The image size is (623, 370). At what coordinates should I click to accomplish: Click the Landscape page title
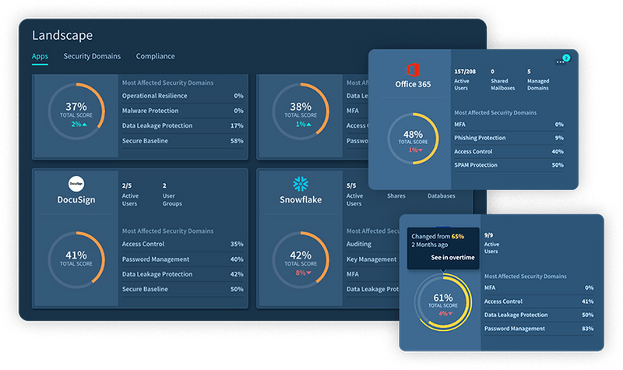click(62, 35)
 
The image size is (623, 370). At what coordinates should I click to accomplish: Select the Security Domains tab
click(92, 56)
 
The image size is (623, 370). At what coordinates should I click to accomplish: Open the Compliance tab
click(155, 56)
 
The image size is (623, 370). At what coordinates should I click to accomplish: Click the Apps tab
click(40, 56)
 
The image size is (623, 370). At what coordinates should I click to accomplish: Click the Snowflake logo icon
click(300, 184)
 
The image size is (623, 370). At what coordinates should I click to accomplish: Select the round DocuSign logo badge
click(76, 184)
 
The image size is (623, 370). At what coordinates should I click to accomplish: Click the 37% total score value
click(76, 106)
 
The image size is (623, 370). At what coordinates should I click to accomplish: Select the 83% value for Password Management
click(588, 329)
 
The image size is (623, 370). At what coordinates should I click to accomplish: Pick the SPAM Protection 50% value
click(557, 166)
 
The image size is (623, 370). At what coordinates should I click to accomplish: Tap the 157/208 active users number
click(465, 72)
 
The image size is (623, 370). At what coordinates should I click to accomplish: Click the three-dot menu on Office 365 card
click(557, 61)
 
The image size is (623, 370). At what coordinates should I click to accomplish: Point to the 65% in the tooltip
click(457, 235)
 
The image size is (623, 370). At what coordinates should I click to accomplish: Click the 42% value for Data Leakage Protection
click(237, 274)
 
